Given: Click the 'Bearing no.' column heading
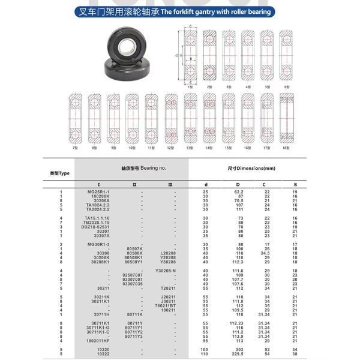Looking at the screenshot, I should click(x=139, y=169).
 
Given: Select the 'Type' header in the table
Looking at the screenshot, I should click(x=60, y=173).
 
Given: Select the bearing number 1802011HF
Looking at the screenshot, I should click(x=98, y=341).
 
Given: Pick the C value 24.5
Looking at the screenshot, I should click(x=265, y=253).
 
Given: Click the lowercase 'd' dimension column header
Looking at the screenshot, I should click(x=206, y=184).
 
